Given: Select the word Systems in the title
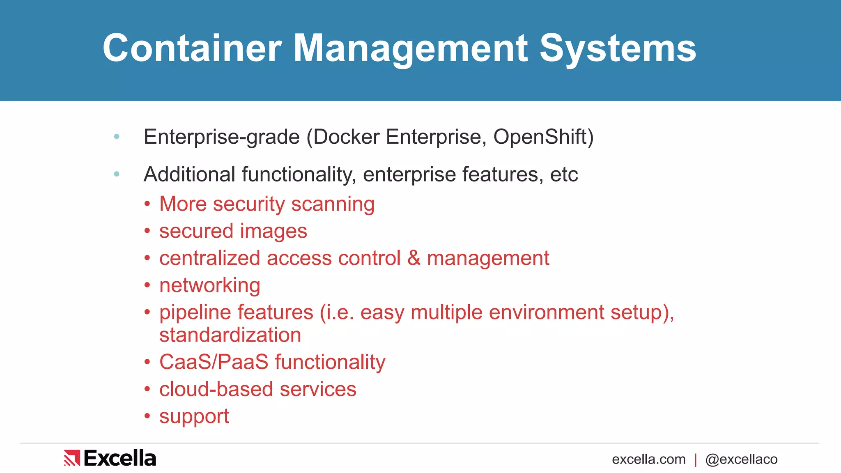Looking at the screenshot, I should pos(618,48).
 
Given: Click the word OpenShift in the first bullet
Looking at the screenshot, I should pos(543,137).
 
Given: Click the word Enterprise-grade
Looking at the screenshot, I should pos(222,137).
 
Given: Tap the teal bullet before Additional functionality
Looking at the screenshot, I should pos(117,175).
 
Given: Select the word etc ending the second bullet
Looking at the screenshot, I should pos(564,175).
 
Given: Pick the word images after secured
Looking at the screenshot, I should pos(273,231).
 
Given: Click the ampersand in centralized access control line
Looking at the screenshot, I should pos(414,258).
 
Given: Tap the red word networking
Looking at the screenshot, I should pos(210,285).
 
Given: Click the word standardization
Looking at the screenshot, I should pos(230,335).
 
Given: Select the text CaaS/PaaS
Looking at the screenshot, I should pos(214,362).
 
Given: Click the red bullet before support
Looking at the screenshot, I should pos(147,416).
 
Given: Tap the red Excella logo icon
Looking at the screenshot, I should pos(72,458).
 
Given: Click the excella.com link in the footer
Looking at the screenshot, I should pos(648,459).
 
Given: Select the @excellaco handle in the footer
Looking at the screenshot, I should pos(741,459).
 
